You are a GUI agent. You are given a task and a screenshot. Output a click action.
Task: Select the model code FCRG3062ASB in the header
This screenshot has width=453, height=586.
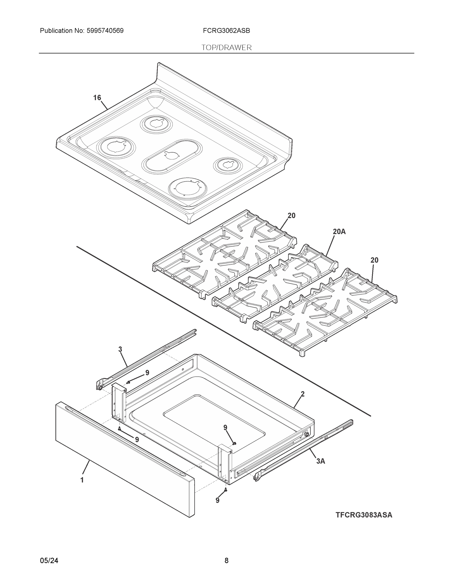tap(226, 31)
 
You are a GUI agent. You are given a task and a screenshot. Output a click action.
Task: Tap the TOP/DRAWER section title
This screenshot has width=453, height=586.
tap(227, 48)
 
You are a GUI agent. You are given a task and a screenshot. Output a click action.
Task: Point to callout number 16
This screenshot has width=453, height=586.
tap(97, 98)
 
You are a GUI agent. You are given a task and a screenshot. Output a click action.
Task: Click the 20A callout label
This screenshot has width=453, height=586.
tap(339, 231)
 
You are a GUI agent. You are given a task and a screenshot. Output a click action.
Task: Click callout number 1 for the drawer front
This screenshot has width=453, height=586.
tap(82, 480)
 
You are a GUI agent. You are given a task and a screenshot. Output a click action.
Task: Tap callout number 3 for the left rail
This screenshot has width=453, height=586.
tap(120, 349)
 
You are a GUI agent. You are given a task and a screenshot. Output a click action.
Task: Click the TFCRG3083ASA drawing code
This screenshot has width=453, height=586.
tap(364, 515)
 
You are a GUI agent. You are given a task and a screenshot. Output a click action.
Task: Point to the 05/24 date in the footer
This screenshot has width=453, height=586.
tap(49, 561)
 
